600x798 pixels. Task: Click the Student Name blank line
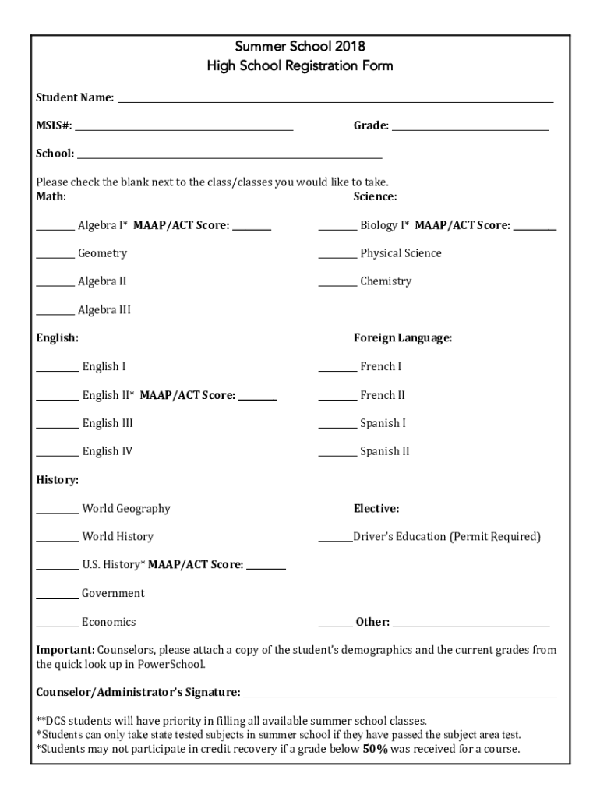coord(335,101)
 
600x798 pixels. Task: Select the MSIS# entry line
coord(184,129)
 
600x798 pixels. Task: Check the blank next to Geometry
coord(55,256)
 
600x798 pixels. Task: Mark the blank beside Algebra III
coord(55,313)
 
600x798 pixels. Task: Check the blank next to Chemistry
coord(337,284)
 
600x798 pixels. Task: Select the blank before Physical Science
coord(337,256)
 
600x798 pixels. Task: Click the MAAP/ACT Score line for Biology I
coord(535,228)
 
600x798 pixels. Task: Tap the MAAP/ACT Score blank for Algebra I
coord(252,228)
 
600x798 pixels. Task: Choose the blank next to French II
coord(337,398)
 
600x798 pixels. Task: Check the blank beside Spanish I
coord(337,426)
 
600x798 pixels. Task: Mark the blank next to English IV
coord(58,454)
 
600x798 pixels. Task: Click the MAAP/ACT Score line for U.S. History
coord(266,568)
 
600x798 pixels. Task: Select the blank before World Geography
coord(58,512)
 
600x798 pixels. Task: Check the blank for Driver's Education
coord(335,540)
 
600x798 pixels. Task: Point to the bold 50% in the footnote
coord(376,749)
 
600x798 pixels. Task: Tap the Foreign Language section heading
coord(402,338)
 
